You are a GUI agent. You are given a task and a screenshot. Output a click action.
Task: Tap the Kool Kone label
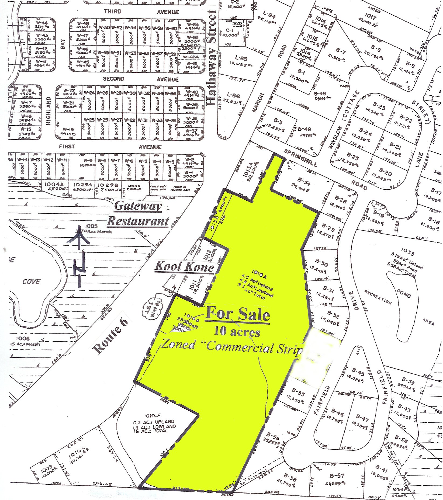point(185,267)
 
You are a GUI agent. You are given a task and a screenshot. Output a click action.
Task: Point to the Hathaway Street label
point(212,58)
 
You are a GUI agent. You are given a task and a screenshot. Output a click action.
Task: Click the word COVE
point(32,282)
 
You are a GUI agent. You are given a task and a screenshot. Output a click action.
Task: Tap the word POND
point(403,293)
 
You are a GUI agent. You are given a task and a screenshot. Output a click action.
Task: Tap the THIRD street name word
point(113,11)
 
